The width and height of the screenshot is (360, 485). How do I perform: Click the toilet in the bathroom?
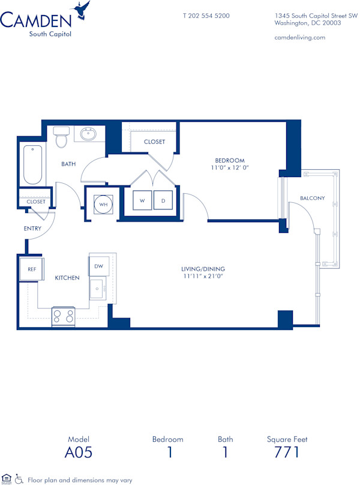coord(61,137)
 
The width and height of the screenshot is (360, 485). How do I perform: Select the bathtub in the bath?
coord(33,165)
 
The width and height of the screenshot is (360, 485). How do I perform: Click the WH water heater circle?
coord(103,205)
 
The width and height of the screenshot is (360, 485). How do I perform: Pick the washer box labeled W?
coord(142,201)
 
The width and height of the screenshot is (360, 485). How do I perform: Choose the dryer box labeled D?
coord(163,201)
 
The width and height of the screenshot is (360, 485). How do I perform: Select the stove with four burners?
coord(64,316)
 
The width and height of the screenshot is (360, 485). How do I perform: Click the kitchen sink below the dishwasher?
coord(98,290)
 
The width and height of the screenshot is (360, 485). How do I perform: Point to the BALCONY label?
coord(313,198)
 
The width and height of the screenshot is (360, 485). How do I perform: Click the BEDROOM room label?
coord(230,160)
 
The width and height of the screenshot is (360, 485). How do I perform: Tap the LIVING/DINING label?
coord(203,269)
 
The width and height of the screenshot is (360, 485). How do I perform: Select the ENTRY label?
coord(32,229)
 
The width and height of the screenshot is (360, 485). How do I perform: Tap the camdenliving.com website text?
coord(299,37)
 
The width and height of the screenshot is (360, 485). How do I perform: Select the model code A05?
coord(79,452)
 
